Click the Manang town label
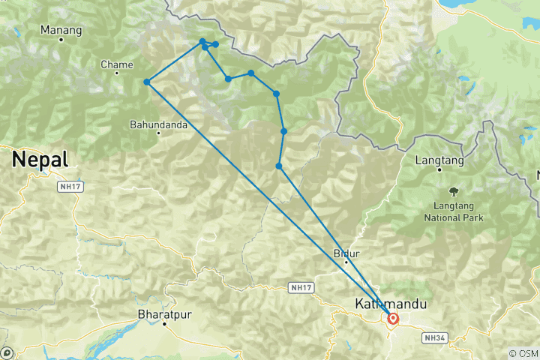61,30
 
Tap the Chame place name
116,65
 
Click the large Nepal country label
39,159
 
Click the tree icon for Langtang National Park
454,191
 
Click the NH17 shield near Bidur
301,287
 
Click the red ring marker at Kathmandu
392,319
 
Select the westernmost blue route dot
147,82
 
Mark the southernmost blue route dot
279,166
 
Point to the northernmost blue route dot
202,41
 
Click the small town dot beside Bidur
346,262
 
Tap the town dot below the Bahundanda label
158,133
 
